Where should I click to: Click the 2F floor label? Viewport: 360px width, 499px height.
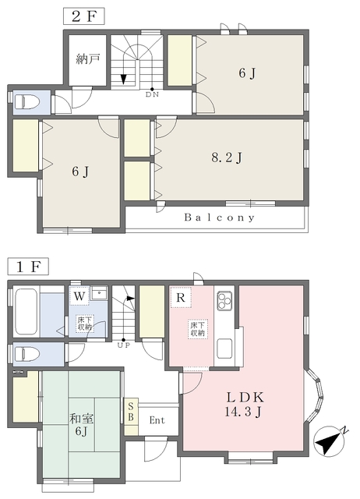84,16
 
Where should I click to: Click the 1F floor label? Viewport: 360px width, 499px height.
28,267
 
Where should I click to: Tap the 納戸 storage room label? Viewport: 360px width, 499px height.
88,59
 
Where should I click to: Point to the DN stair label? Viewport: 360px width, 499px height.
152,94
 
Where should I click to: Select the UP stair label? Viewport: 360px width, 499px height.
124,345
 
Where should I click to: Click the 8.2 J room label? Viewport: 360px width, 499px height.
227,157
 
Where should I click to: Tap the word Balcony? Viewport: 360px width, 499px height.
220,218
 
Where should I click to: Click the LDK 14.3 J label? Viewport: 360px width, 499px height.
244,404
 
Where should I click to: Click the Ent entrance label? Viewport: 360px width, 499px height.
157,420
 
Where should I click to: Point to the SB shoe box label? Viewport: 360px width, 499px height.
131,412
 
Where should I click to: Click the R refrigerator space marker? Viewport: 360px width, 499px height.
181,298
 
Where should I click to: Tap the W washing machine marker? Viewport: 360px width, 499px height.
79,296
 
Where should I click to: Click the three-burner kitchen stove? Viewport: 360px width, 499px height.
224,301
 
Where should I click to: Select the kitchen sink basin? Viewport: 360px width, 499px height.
224,349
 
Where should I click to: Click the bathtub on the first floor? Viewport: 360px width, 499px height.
26,311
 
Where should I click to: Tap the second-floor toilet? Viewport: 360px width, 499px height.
27,102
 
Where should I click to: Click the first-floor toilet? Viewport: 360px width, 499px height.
27,354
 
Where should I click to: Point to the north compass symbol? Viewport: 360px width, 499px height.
330,442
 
